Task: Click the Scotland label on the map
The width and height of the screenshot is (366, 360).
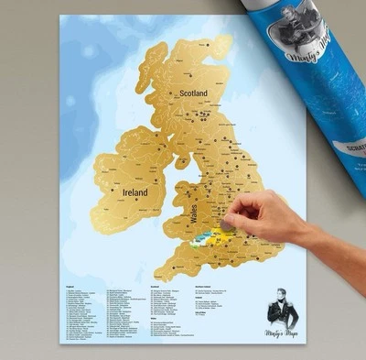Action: point(193,93)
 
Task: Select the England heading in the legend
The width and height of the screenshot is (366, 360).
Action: point(65,287)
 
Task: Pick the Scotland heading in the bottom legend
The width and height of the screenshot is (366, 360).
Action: point(154,287)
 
